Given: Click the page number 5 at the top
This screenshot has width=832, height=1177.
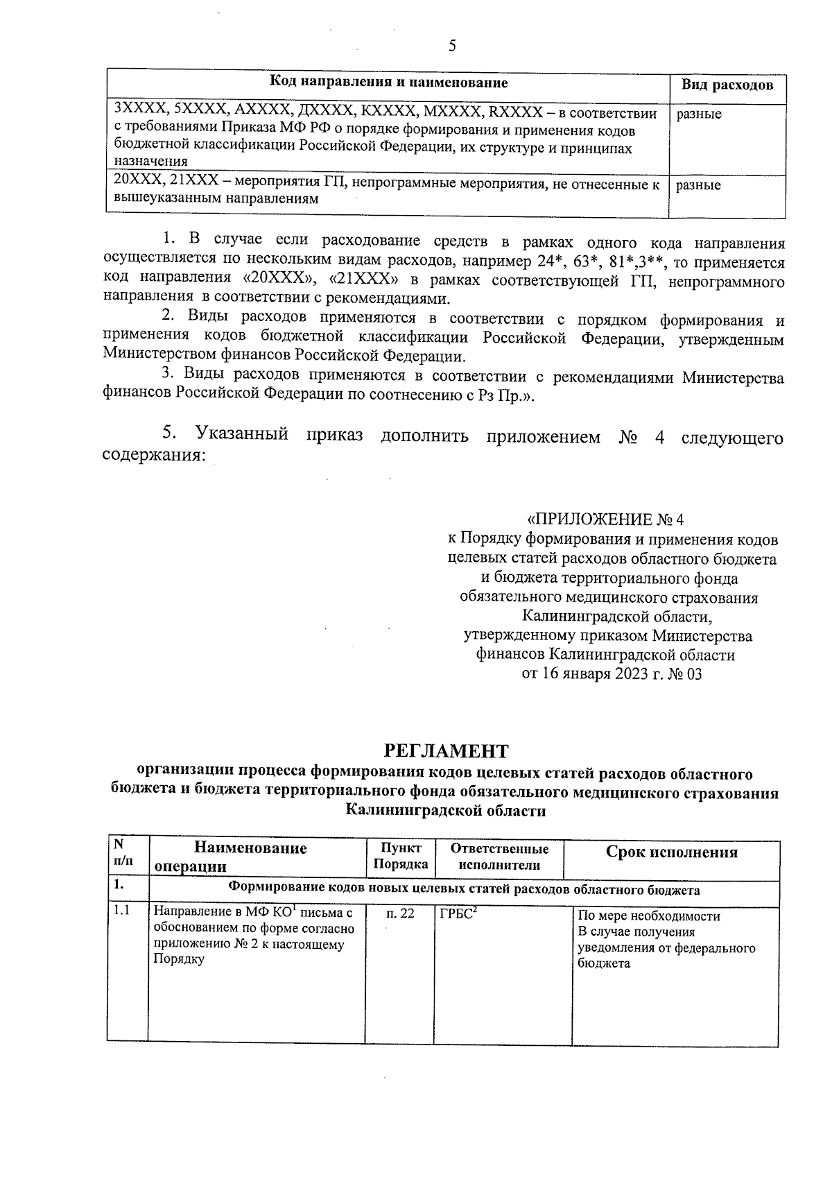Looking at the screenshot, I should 453,46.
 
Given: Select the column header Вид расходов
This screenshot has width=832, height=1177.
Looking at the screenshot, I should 726,85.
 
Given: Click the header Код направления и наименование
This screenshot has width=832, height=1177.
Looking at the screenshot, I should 388,83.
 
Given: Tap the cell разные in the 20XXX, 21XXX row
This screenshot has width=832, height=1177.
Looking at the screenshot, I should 698,185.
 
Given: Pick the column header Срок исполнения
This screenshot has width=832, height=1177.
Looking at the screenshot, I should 671,852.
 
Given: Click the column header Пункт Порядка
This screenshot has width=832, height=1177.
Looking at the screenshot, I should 400,857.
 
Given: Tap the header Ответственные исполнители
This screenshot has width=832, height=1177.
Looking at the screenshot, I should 499,857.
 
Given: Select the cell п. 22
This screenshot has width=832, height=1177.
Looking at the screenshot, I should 400,914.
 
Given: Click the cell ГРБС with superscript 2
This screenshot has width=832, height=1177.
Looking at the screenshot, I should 459,913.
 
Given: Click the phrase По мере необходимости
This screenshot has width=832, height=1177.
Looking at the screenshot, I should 649,916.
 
